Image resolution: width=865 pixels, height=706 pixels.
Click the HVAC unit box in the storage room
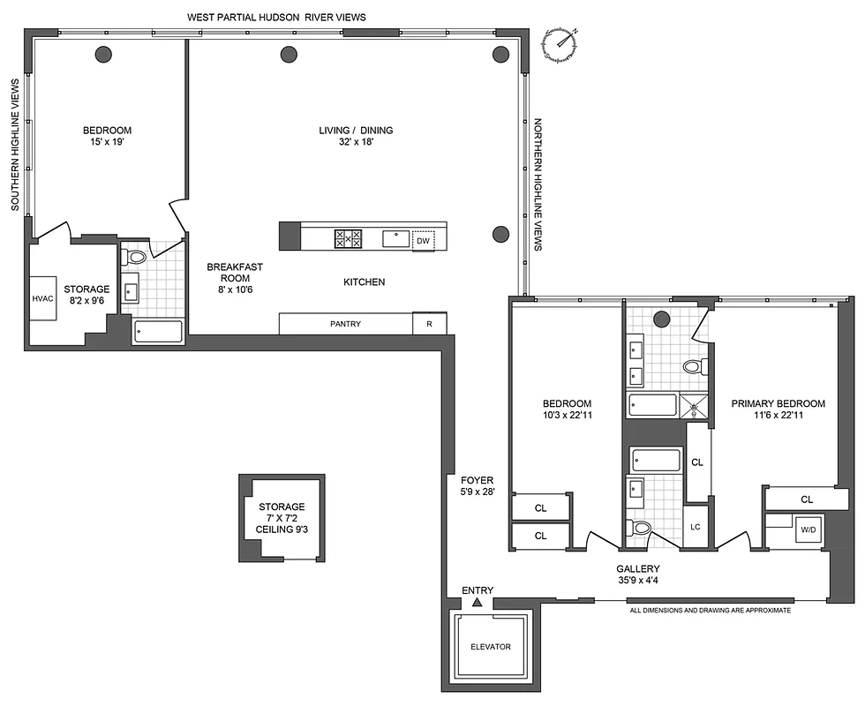pyautogui.click(x=43, y=298)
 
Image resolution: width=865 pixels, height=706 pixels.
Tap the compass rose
pyautogui.click(x=560, y=44)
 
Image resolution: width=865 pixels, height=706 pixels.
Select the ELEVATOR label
pyautogui.click(x=490, y=647)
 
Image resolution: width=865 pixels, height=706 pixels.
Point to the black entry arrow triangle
pyautogui.click(x=477, y=603)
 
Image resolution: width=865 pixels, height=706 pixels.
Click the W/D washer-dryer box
pyautogui.click(x=808, y=530)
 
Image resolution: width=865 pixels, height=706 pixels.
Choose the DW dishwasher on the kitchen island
pyautogui.click(x=423, y=240)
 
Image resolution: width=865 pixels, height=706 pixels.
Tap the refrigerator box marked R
pyautogui.click(x=429, y=324)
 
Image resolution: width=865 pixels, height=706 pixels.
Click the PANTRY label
pyautogui.click(x=345, y=324)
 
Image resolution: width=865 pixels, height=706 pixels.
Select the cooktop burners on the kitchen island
pyautogui.click(x=348, y=238)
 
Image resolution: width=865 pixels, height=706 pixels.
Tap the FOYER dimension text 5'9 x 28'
pyautogui.click(x=477, y=492)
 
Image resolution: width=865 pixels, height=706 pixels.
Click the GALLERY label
pyautogui.click(x=640, y=569)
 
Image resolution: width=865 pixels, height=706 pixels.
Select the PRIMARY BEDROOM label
pyautogui.click(x=778, y=403)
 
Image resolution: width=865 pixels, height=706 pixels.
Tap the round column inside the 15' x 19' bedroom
pyautogui.click(x=103, y=54)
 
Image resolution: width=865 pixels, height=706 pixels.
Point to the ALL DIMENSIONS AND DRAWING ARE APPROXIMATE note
pyautogui.click(x=710, y=611)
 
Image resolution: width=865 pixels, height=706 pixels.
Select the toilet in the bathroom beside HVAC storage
pyautogui.click(x=136, y=258)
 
